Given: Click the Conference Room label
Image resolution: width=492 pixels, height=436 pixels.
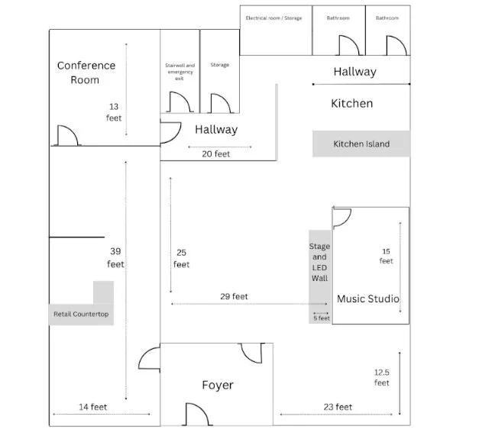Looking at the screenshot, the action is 86,73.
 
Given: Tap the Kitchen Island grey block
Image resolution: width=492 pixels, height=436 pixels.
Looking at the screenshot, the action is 361,144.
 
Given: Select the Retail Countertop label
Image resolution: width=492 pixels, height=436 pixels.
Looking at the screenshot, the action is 81,314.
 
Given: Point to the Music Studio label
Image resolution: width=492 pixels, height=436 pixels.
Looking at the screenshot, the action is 368,299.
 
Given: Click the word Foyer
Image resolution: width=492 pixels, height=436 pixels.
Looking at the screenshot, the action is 218,385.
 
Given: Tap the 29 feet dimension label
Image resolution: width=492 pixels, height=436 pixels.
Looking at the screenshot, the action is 234,296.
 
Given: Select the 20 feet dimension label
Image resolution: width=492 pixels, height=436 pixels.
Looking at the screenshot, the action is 215,153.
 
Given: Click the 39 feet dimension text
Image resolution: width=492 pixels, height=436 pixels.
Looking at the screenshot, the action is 115,257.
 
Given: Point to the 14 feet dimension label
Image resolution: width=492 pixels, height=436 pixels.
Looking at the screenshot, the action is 93,407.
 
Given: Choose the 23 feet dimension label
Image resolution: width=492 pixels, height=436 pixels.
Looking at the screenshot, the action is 337,407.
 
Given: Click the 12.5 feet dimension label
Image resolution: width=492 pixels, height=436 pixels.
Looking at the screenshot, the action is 383,377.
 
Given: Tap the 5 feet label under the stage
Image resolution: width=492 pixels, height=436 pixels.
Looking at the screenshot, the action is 322,318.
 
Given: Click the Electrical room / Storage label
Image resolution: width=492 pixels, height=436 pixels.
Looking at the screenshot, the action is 274,18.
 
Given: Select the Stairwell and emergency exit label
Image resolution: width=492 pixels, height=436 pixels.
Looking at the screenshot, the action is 180,72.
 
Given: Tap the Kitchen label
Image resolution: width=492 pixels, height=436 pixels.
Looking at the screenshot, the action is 351,103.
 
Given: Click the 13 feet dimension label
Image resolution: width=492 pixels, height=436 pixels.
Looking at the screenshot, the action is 114,112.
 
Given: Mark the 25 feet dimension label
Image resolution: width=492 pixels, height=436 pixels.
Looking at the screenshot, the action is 181,258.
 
